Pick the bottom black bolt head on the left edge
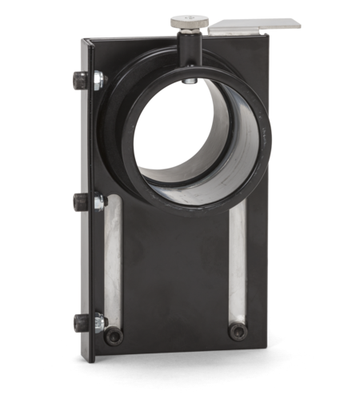click(x=82, y=321)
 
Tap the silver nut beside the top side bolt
click(x=98, y=79)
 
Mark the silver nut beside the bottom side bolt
click(x=98, y=323)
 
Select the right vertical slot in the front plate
click(x=238, y=264)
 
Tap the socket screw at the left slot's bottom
click(x=114, y=337)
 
